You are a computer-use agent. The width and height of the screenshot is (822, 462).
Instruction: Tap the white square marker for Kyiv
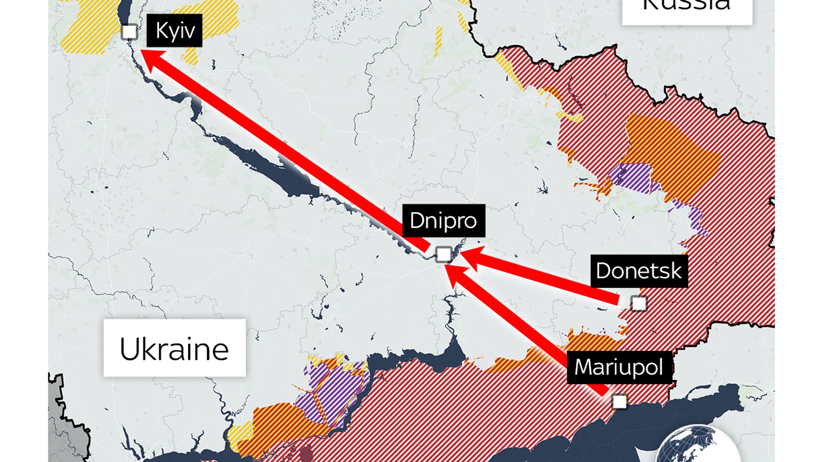point(129,32)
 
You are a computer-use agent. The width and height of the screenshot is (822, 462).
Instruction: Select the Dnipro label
point(444,221)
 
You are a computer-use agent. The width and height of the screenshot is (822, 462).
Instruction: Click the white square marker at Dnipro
point(444,254)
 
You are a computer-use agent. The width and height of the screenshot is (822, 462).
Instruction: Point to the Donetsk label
point(639,271)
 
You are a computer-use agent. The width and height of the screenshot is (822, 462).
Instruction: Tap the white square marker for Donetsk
point(639,303)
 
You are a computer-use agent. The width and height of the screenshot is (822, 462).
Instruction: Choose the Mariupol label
point(619,367)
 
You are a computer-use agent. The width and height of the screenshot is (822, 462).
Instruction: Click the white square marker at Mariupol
point(620,401)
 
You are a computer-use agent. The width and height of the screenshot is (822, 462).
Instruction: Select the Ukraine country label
point(174,348)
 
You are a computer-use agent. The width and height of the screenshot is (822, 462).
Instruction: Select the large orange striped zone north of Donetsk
point(674,156)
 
